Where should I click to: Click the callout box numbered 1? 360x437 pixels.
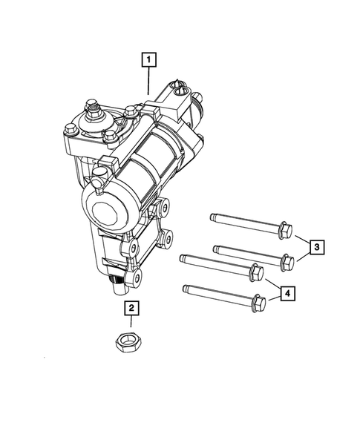coord(151,58)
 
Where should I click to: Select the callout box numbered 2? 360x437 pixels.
coord(131,308)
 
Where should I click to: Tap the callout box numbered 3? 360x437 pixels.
coord(316,246)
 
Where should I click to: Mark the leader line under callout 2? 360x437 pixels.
coord(130,323)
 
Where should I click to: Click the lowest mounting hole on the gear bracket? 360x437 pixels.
coord(137,278)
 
